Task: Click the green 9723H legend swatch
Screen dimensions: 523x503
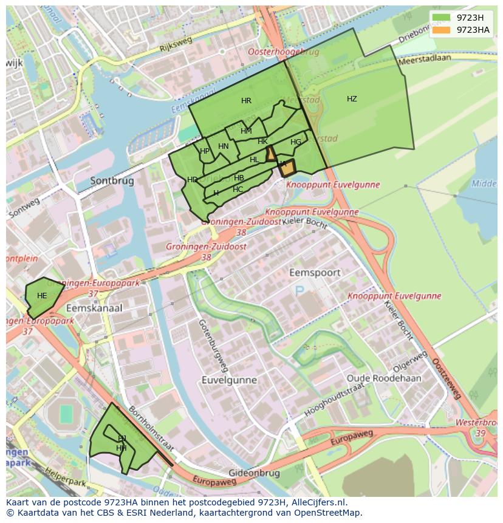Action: (442, 18)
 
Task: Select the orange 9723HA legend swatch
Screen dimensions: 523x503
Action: (442, 30)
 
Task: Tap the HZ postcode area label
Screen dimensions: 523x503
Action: (352, 99)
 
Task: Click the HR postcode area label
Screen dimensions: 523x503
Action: (246, 101)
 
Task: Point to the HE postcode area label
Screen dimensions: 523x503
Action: (42, 296)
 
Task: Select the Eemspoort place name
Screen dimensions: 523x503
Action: (315, 273)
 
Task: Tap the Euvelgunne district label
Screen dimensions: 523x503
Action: (230, 380)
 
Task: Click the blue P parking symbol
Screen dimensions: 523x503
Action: (299, 292)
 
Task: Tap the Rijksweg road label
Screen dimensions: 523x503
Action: (176, 43)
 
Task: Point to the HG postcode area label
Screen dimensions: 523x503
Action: (296, 142)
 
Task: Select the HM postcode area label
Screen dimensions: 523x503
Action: (246, 131)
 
